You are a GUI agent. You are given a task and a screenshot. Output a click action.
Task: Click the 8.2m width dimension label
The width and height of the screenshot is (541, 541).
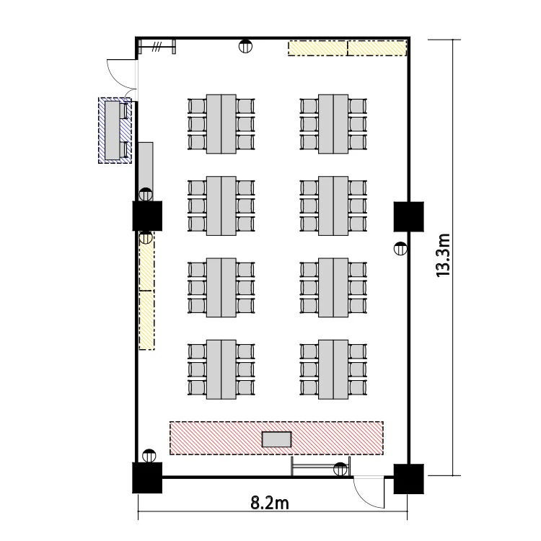[270, 503]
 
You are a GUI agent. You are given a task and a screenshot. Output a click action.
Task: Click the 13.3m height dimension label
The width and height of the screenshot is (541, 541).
[444, 255]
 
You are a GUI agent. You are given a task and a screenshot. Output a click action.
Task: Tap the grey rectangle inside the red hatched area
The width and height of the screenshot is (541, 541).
[277, 439]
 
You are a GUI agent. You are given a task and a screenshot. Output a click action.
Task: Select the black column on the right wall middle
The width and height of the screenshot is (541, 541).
[409, 216]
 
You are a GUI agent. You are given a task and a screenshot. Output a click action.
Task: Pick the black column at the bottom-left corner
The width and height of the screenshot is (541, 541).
[147, 478]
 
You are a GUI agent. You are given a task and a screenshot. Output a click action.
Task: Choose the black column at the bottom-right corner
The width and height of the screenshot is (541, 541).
[409, 479]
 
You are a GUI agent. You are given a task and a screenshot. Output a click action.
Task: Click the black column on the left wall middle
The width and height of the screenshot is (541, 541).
[147, 216]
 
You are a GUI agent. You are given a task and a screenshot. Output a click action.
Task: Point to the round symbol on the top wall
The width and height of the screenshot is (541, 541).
[245, 46]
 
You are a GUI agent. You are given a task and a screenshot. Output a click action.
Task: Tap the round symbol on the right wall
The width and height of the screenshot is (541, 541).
[400, 248]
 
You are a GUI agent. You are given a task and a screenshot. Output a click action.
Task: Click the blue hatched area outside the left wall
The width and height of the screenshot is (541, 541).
[115, 131]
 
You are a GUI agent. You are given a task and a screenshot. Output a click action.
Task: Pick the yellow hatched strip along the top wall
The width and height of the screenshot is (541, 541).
[348, 48]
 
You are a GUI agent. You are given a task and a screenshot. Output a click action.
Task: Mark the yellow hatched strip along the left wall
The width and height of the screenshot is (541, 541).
[146, 291]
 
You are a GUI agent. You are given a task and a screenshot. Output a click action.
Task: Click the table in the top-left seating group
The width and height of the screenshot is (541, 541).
[221, 124]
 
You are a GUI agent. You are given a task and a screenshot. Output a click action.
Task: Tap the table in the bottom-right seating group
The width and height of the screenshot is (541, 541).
[333, 369]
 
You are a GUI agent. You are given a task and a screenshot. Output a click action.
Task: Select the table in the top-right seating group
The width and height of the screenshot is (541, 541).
[333, 124]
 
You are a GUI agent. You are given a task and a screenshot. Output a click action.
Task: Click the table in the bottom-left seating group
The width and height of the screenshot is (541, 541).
[221, 369]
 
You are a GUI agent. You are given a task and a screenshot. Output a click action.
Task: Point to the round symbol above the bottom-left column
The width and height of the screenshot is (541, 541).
[149, 456]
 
